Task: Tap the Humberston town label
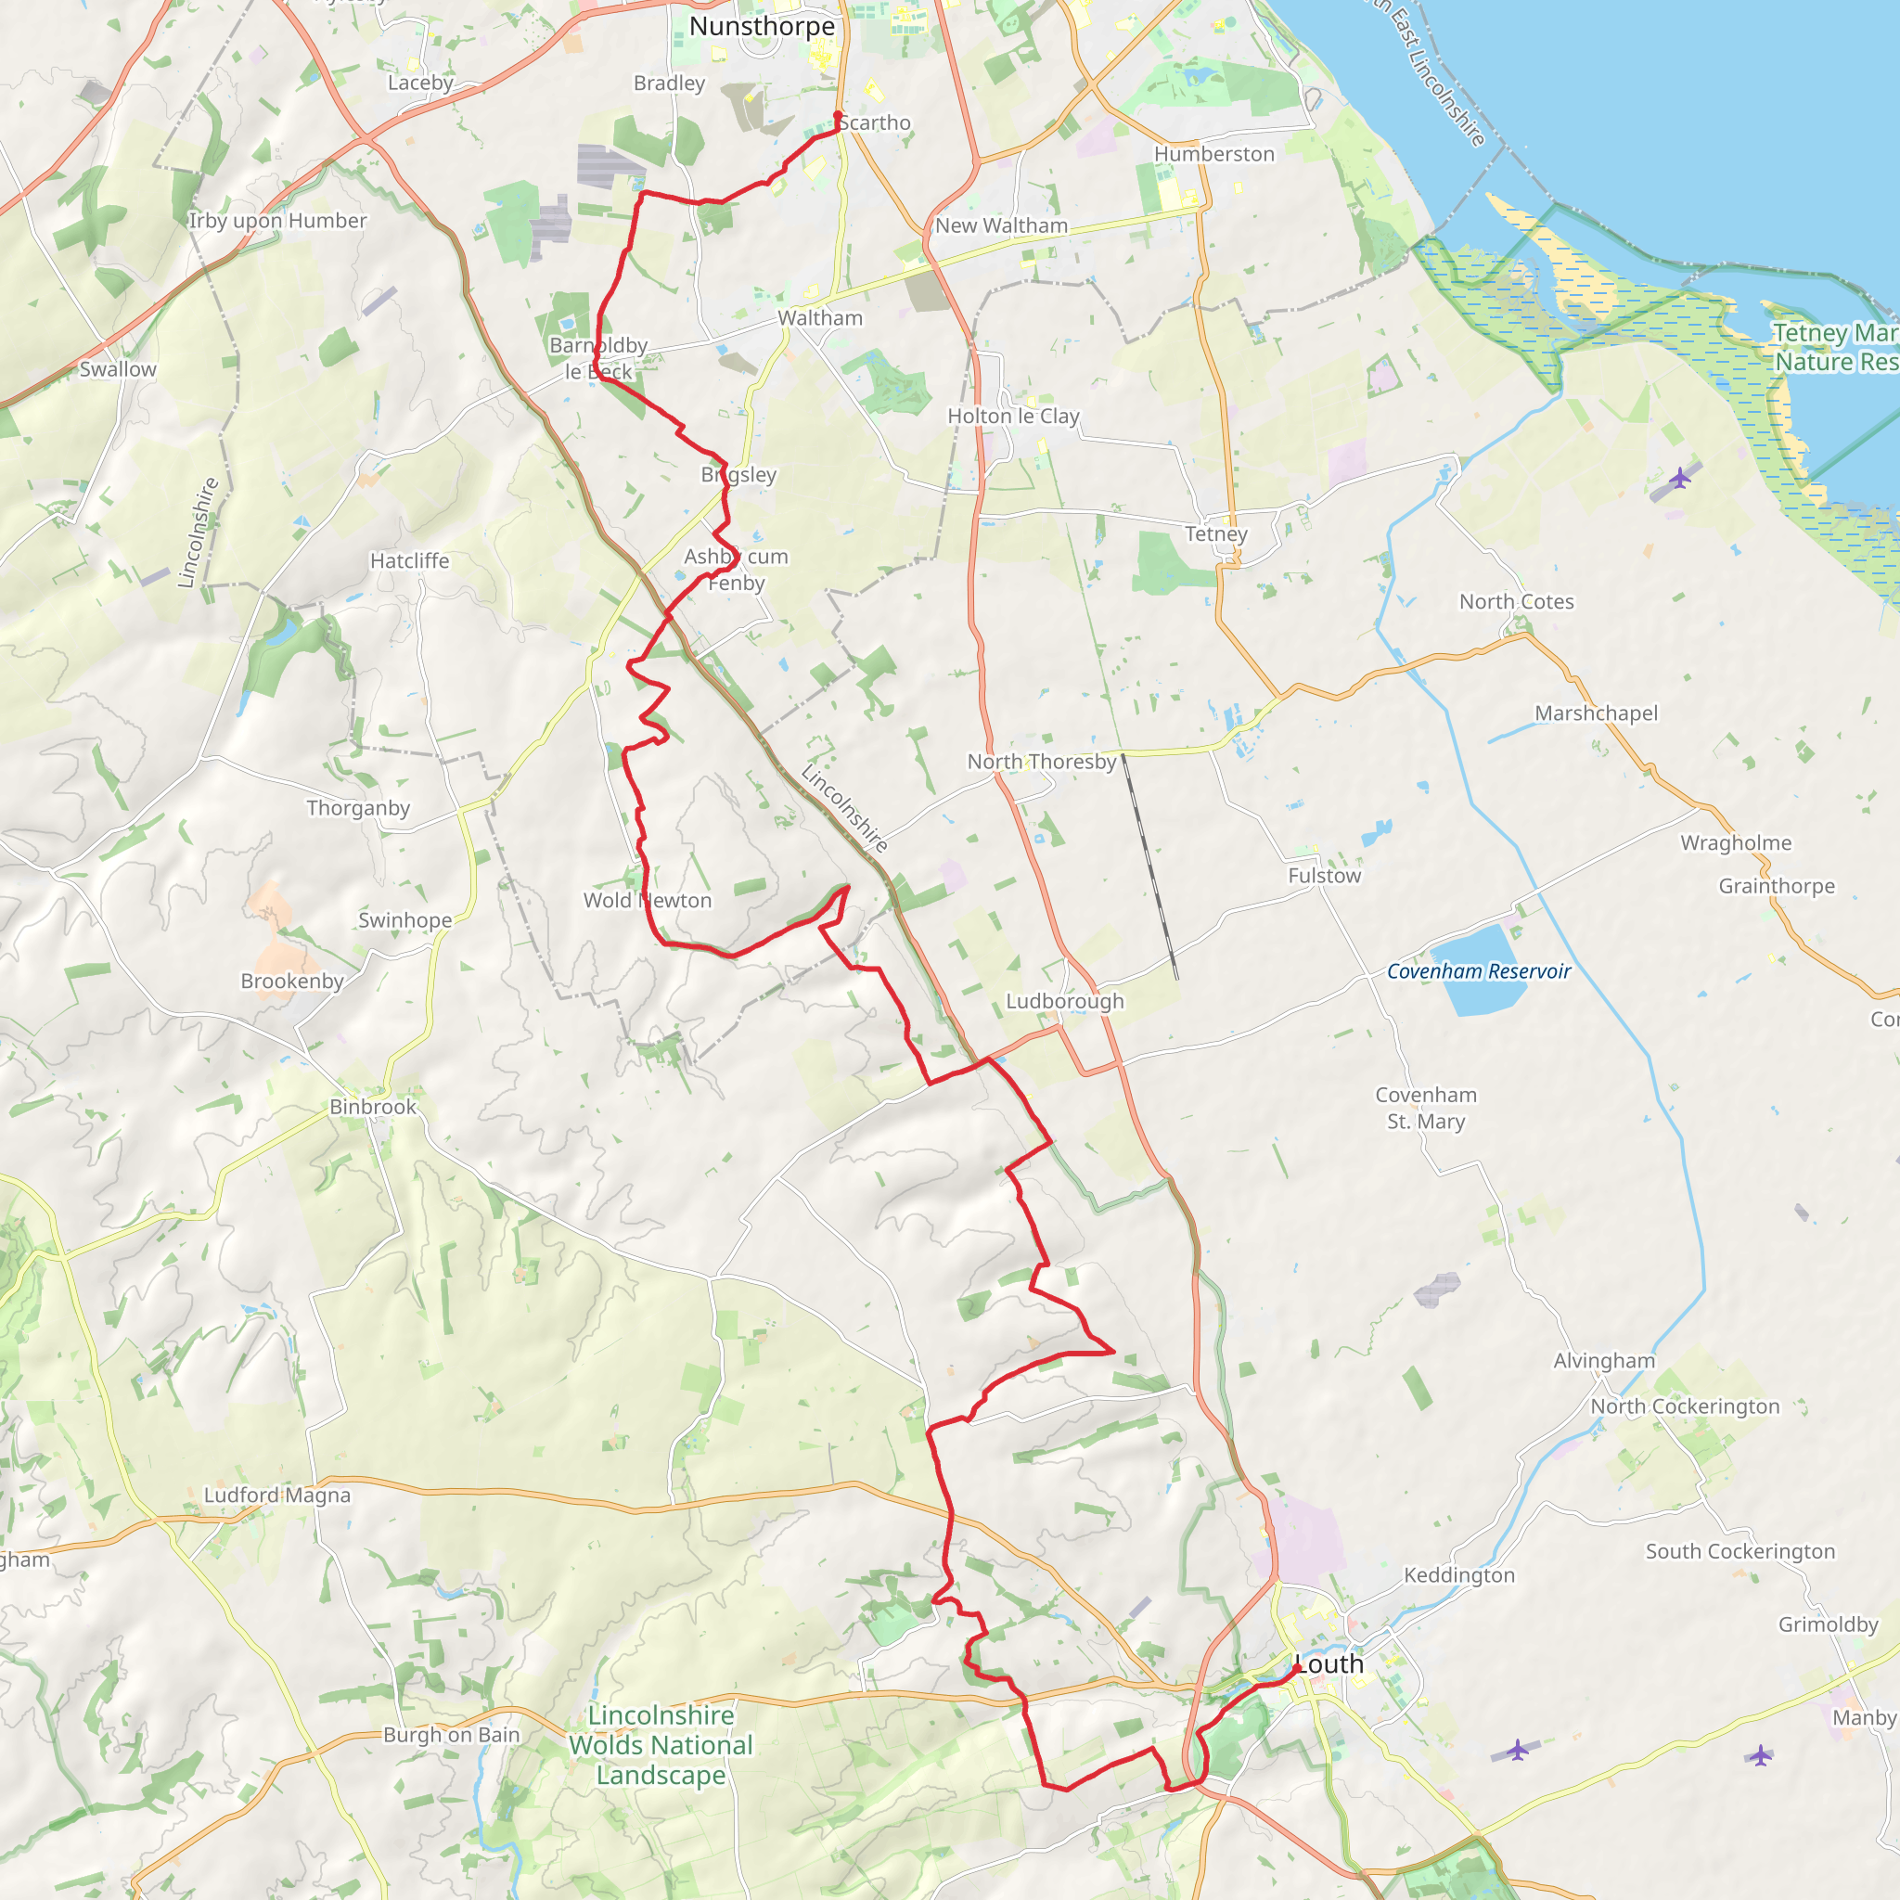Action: [1213, 154]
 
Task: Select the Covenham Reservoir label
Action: [1478, 971]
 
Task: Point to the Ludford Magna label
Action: [277, 1495]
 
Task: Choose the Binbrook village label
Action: [373, 1107]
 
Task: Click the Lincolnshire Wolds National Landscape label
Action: [661, 1745]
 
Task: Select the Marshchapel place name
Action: [1596, 713]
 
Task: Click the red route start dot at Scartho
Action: [837, 115]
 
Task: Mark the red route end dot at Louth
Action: [1297, 1668]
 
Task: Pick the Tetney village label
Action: [1215, 534]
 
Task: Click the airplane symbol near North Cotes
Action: [1680, 479]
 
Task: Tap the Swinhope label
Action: [405, 920]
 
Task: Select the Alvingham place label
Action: [1604, 1360]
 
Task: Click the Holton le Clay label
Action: [1013, 416]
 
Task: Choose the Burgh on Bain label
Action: [452, 1735]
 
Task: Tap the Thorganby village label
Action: [358, 808]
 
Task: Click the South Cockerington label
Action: [1740, 1551]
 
